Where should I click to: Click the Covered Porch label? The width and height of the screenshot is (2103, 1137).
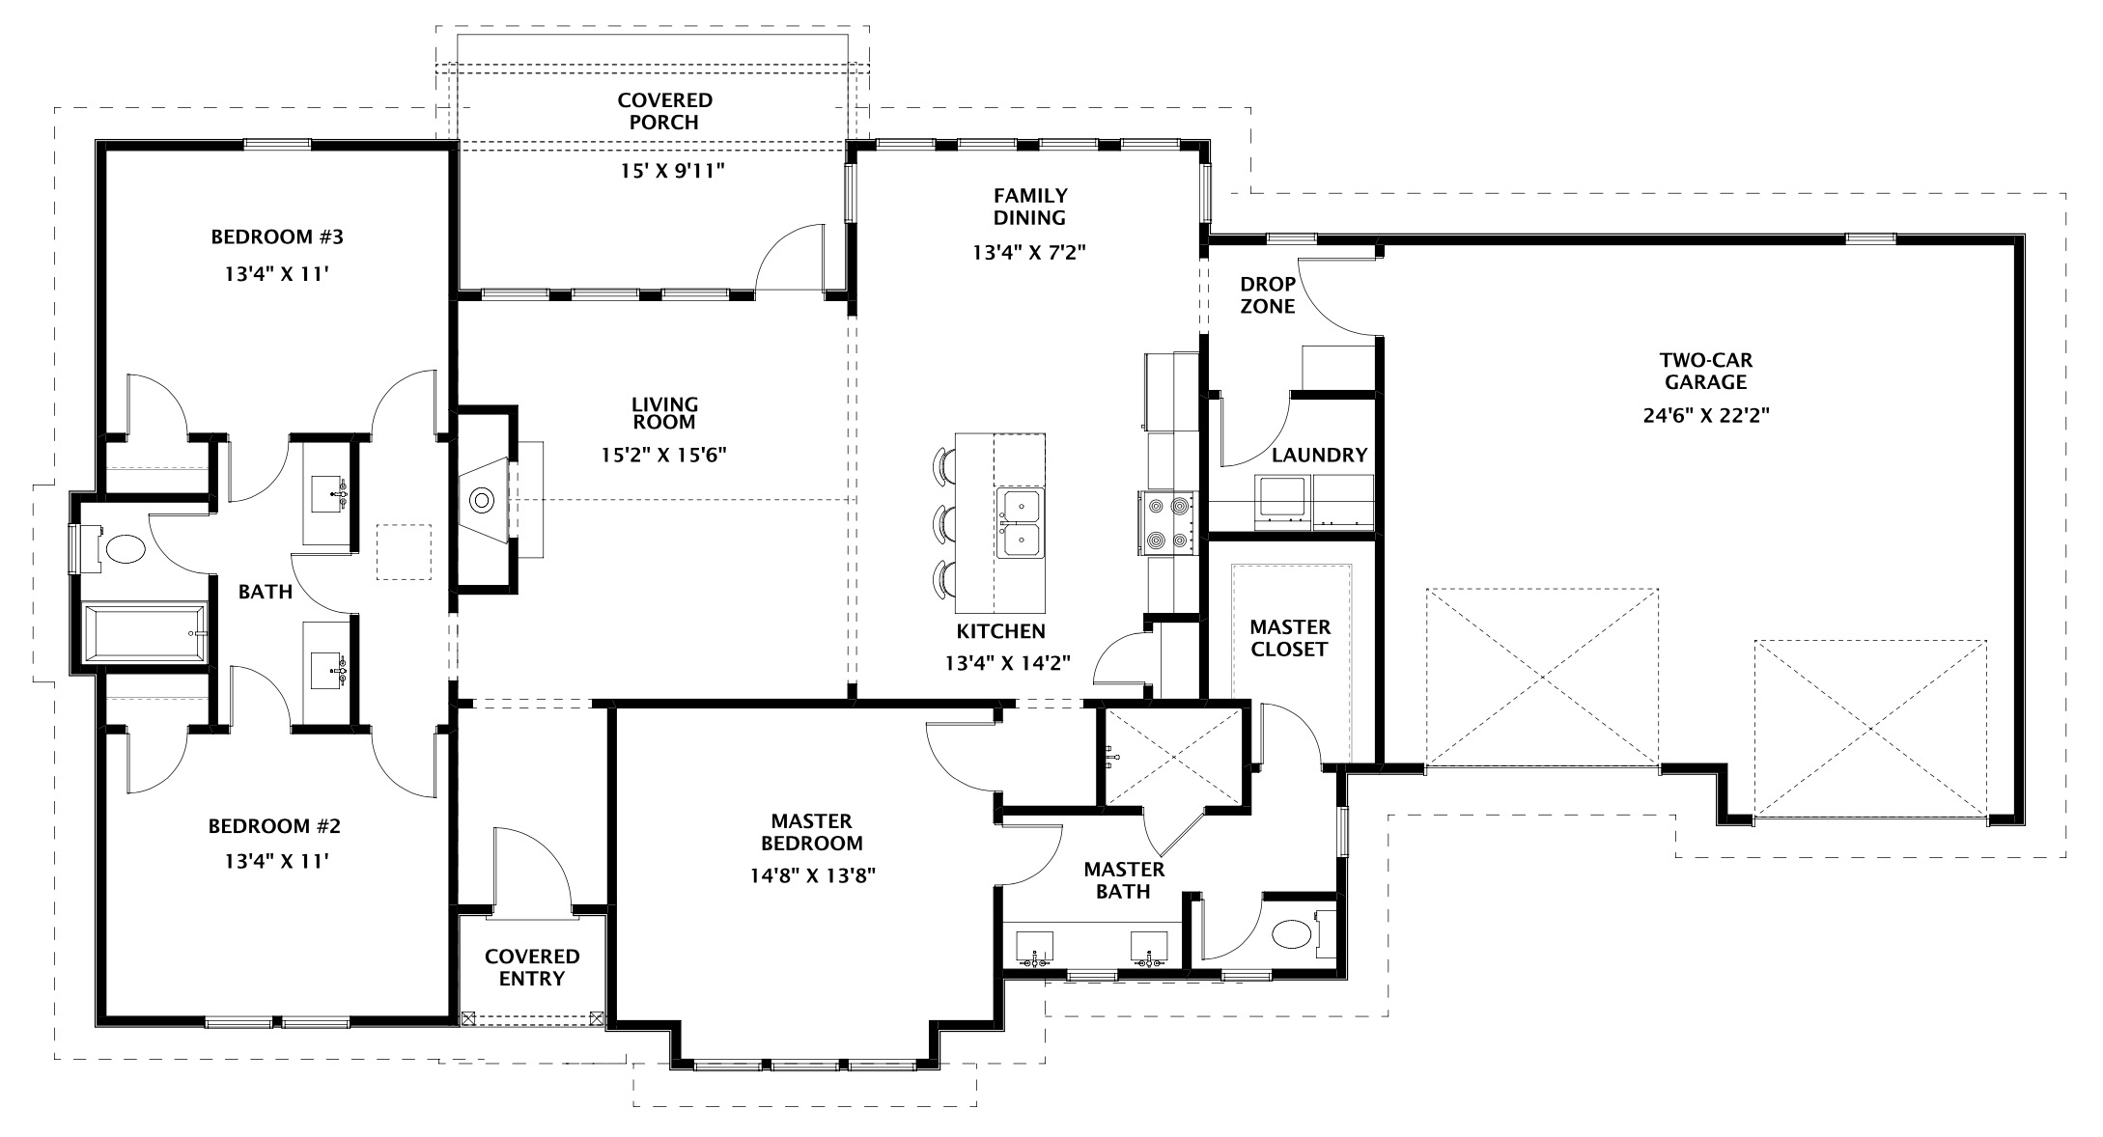[664, 111]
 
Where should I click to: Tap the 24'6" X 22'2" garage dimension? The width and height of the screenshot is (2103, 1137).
[1705, 416]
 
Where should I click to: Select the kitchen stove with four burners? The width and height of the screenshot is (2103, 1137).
[1167, 522]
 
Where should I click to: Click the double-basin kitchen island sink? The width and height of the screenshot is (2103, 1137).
[1020, 523]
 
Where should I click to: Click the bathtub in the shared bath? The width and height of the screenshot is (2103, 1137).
[145, 633]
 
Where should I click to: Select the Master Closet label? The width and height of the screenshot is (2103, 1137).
[1290, 638]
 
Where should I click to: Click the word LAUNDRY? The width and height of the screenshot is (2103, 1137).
[1319, 455]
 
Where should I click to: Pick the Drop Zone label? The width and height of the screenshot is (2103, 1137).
[1268, 295]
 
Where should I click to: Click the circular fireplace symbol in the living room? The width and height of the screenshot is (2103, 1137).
[482, 500]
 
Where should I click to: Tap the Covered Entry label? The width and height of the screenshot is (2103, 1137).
[532, 967]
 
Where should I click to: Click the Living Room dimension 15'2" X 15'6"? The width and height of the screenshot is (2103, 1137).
[663, 454]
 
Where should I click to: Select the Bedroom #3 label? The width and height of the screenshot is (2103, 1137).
[277, 236]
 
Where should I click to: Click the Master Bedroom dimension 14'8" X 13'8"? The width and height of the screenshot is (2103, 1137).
[812, 875]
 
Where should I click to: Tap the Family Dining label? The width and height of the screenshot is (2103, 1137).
[1030, 207]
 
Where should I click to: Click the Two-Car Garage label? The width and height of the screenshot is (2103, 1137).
[1706, 371]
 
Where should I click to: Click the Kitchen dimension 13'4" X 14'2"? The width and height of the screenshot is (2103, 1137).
[1008, 663]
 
